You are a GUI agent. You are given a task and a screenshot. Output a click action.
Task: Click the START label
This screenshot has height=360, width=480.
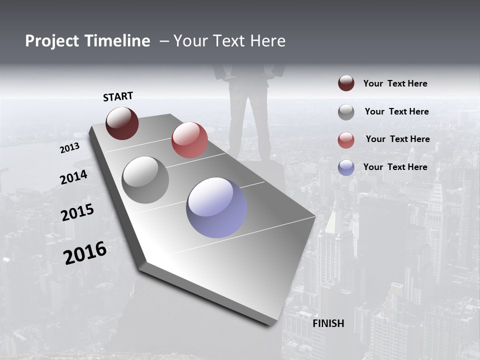pyautogui.click(x=118, y=96)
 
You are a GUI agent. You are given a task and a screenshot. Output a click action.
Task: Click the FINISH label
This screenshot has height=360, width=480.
pyautogui.click(x=328, y=323)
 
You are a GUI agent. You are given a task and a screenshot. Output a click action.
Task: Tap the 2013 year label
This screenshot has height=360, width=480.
pyautogui.click(x=69, y=148)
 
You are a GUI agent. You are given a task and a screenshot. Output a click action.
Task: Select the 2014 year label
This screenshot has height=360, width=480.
pyautogui.click(x=73, y=177)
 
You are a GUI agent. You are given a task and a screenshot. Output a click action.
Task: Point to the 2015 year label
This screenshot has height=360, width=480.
pyautogui.click(x=77, y=212)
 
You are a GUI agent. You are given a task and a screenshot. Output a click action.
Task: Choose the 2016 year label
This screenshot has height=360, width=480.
pyautogui.click(x=85, y=253)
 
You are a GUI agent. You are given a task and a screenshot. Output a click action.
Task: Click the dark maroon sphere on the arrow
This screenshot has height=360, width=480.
pyautogui.click(x=122, y=123)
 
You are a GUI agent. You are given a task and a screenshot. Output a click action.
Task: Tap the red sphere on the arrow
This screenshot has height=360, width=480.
pyautogui.click(x=189, y=140)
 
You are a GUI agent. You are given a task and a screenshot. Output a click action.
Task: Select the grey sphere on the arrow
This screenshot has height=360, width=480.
pyautogui.click(x=145, y=180)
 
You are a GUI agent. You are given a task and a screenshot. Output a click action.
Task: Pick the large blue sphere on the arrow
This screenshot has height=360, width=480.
pyautogui.click(x=216, y=207)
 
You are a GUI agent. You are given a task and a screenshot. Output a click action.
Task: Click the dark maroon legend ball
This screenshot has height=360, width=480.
pyautogui.click(x=346, y=83)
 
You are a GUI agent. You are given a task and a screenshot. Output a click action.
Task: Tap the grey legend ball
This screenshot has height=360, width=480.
pyautogui.click(x=346, y=112)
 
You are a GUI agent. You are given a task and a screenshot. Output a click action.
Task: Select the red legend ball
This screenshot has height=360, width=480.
pyautogui.click(x=346, y=140)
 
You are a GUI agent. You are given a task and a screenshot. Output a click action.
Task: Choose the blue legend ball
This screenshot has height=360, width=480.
pyautogui.click(x=346, y=167)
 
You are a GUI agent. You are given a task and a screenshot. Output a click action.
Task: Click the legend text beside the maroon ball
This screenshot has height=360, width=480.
pyautogui.click(x=395, y=84)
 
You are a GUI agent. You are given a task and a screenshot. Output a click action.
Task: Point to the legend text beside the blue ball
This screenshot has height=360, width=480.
pyautogui.click(x=395, y=167)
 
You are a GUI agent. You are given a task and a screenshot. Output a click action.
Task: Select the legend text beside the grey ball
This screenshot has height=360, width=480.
pyautogui.click(x=396, y=111)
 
